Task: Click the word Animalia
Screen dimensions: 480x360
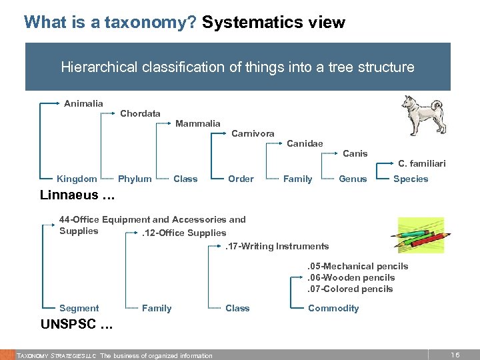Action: [83, 103]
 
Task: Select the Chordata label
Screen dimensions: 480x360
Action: [140, 113]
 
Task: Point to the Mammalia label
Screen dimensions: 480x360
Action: [197, 123]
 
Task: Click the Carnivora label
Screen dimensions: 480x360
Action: [253, 133]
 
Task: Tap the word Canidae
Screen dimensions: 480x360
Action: [305, 143]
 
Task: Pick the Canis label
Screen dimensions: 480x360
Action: [355, 153]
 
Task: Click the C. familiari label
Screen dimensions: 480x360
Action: [421, 163]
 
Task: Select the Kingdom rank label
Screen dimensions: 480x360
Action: [77, 179]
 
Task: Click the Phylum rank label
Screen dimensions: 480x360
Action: [135, 179]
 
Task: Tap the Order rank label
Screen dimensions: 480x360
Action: [241, 179]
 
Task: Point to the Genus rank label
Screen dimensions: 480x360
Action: [353, 179]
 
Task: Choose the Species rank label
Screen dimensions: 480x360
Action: [411, 179]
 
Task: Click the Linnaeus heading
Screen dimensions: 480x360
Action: [77, 195]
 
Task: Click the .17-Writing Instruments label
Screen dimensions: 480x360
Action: [267, 247]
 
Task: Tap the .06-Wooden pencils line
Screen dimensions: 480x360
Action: [351, 277]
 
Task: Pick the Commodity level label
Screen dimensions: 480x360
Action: [333, 308]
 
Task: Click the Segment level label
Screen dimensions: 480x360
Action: [79, 308]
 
